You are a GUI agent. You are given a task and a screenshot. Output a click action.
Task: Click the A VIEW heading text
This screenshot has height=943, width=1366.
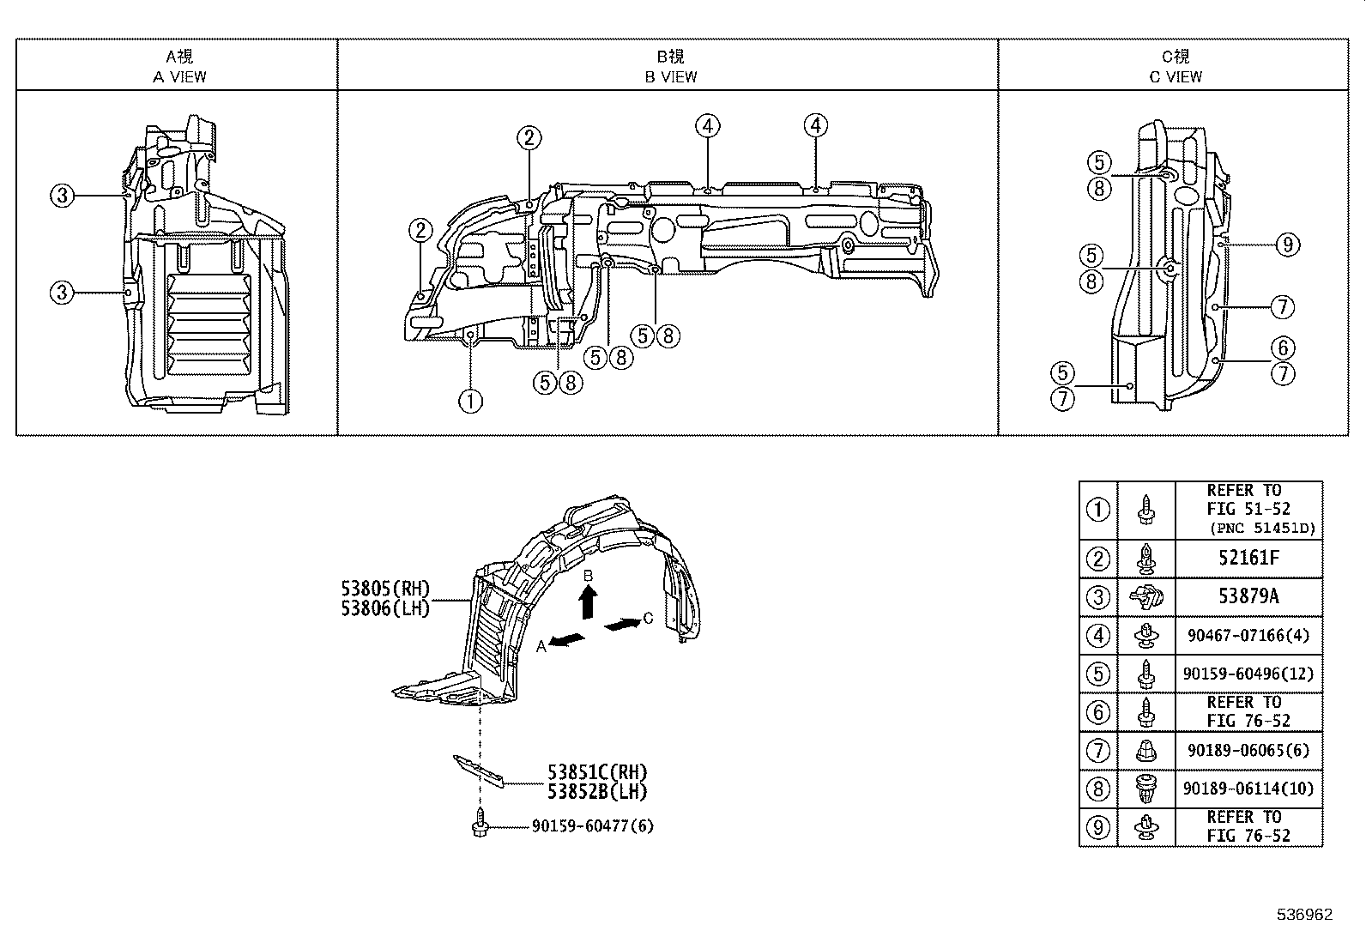pyautogui.click(x=179, y=76)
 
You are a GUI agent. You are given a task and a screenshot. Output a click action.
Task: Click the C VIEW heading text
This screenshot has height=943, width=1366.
pyautogui.click(x=1176, y=76)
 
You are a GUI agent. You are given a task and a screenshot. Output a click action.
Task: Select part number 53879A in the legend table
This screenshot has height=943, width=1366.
pyautogui.click(x=1248, y=596)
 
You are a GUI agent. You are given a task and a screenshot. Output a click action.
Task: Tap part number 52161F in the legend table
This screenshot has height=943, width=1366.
pyautogui.click(x=1248, y=558)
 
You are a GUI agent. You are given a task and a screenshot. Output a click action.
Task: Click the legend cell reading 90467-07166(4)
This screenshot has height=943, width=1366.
pyautogui.click(x=1248, y=636)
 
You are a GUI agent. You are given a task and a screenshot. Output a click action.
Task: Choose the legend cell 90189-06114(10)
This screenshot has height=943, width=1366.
pyautogui.click(x=1248, y=789)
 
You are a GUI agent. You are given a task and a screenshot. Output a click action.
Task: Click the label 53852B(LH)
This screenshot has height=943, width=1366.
pyautogui.click(x=597, y=792)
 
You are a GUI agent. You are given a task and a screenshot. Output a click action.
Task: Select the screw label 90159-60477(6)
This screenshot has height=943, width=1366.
pyautogui.click(x=592, y=825)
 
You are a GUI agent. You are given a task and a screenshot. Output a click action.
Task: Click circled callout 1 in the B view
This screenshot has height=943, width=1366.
pyautogui.click(x=470, y=400)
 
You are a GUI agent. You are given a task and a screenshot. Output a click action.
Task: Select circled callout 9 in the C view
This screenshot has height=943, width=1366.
pyautogui.click(x=1286, y=245)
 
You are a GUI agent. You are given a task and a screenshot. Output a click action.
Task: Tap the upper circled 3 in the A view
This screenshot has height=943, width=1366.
pyautogui.click(x=62, y=196)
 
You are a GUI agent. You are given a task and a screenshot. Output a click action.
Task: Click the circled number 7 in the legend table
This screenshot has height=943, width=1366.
pyautogui.click(x=1098, y=751)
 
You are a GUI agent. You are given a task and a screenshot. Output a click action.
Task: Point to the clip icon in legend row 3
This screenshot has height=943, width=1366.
pyautogui.click(x=1145, y=596)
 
